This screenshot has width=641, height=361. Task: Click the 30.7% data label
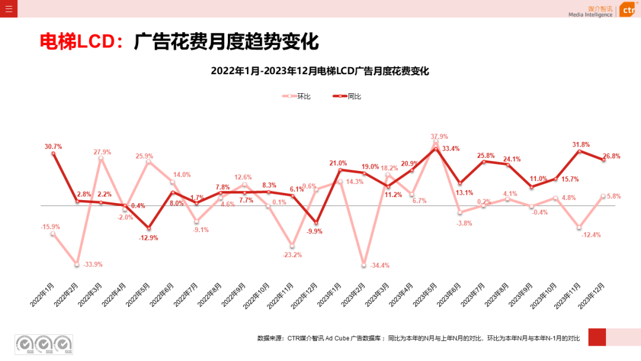click(53, 147)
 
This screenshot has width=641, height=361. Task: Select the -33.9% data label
click(92, 264)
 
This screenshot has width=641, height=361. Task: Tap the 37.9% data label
click(439, 136)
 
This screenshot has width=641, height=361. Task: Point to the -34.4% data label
click(379, 265)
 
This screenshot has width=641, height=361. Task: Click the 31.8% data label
click(580, 144)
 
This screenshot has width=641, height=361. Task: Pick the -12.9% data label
click(148, 237)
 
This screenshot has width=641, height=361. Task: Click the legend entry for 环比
click(296, 96)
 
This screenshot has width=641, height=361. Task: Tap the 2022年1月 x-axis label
click(43, 293)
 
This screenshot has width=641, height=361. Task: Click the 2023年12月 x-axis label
click(592, 293)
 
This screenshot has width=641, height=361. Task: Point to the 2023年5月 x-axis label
click(425, 293)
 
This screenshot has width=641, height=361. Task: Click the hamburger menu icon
click(8, 8)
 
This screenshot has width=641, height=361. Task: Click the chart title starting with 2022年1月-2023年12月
click(320, 71)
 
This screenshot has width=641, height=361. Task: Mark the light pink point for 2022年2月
click(77, 264)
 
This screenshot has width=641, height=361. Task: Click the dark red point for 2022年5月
click(149, 228)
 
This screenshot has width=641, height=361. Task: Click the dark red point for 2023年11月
click(579, 151)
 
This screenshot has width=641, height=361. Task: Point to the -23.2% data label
click(292, 255)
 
